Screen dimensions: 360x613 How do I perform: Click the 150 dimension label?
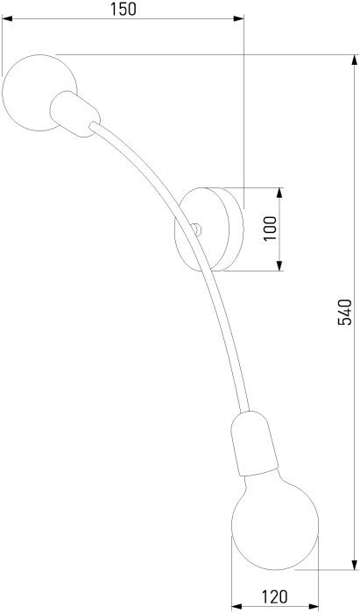(x=123, y=9)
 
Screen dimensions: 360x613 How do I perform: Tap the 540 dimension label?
(x=344, y=313)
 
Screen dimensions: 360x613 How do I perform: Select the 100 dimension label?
(x=270, y=229)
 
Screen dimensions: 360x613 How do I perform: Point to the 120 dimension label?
(x=274, y=597)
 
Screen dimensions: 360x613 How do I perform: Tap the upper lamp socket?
(x=75, y=114)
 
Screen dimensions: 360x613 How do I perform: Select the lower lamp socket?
(x=254, y=443)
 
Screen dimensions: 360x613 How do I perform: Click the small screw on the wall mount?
(x=196, y=229)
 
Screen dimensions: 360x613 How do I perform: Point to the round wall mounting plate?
(x=209, y=229)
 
